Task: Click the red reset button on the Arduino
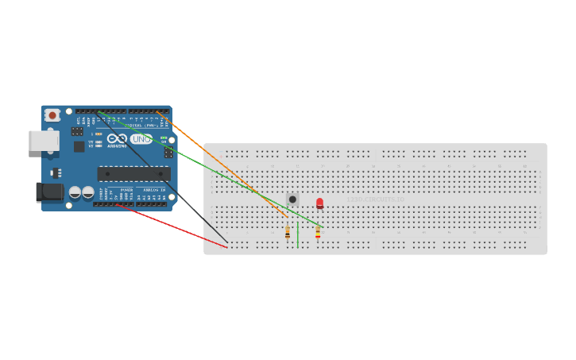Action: click(52, 115)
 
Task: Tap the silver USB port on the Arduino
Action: click(43, 141)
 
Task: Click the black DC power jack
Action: click(48, 192)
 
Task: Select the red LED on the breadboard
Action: click(319, 203)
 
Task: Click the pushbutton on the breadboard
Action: click(292, 199)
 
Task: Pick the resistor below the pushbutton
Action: click(288, 232)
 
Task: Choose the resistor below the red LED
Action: click(318, 232)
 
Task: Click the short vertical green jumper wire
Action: click(297, 235)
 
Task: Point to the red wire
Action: click(175, 226)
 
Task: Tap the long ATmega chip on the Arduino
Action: click(133, 173)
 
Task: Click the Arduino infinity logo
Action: click(117, 139)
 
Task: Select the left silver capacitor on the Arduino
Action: click(75, 192)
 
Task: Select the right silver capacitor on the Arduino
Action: click(87, 192)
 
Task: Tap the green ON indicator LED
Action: click(164, 138)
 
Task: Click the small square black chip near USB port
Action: click(79, 146)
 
